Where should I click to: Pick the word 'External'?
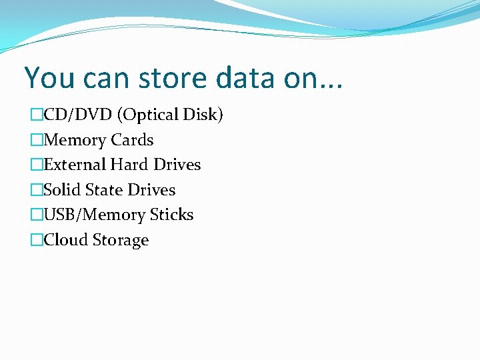click(x=75, y=165)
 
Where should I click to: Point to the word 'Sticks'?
click(x=171, y=215)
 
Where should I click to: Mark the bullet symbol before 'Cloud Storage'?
click(x=36, y=240)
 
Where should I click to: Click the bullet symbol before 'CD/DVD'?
click(x=36, y=115)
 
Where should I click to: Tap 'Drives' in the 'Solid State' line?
click(x=151, y=190)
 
